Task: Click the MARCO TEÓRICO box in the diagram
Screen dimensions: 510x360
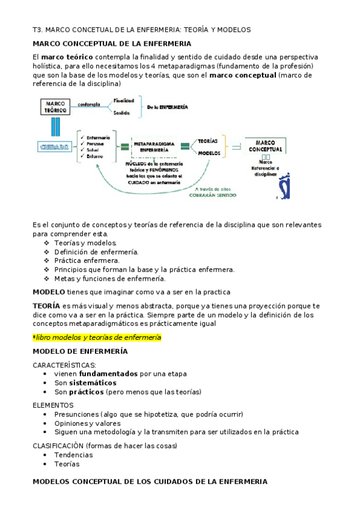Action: point(55,108)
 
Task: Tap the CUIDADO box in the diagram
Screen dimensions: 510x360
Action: point(54,146)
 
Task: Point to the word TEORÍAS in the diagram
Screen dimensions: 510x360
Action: point(207,140)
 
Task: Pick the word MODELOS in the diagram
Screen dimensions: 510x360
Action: point(208,153)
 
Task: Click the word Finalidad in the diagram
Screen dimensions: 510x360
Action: point(123,100)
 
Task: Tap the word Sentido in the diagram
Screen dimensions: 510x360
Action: point(122,112)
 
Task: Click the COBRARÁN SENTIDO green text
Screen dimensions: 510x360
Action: point(212,195)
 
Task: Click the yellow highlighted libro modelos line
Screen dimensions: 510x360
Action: point(97,337)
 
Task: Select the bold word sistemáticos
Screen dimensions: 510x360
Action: point(93,382)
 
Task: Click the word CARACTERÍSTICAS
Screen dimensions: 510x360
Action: point(64,364)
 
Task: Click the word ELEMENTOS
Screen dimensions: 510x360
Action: point(53,405)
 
